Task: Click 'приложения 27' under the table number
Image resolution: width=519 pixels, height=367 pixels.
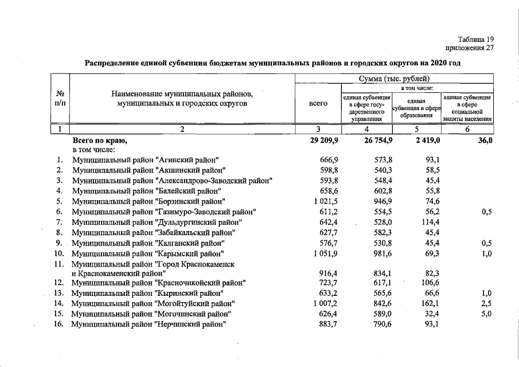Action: (469, 48)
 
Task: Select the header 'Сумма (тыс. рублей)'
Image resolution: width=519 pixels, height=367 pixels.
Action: (394, 79)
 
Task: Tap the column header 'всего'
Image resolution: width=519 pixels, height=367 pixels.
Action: (318, 104)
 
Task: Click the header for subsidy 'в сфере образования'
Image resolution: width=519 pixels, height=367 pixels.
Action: (417, 107)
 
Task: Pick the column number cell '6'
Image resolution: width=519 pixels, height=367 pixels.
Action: (467, 129)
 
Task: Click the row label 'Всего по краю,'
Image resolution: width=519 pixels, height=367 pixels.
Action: (99, 140)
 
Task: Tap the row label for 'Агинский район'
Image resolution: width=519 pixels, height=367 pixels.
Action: (145, 159)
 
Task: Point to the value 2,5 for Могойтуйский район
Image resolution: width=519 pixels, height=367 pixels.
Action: (486, 303)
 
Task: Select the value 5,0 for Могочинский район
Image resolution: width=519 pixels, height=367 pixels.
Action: (486, 314)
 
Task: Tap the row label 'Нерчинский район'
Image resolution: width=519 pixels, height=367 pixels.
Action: (147, 325)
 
